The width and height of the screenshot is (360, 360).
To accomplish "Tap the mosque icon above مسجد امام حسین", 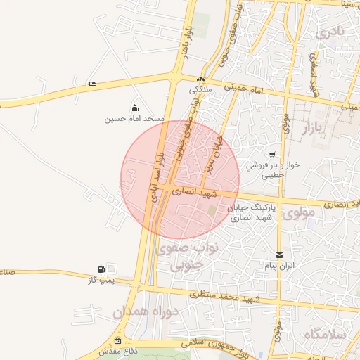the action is [x=134, y=108].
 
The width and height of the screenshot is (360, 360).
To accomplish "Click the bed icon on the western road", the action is [x=93, y=84].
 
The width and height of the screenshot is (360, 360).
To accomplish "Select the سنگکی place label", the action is [x=201, y=90].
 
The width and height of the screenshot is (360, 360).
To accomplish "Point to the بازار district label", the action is [x=316, y=128].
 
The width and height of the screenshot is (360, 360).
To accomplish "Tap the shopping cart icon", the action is [x=272, y=155].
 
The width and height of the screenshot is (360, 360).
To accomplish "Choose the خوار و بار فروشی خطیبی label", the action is [x=272, y=169].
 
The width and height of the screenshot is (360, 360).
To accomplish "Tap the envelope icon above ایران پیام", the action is [x=281, y=255].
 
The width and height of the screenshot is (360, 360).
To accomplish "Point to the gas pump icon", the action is [x=103, y=269].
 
